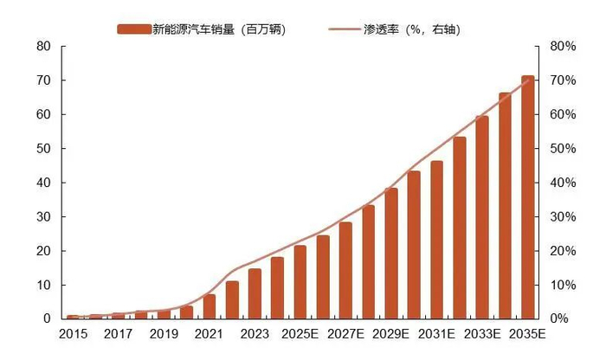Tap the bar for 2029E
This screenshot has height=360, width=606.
(391, 254)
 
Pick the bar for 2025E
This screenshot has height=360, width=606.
(300, 282)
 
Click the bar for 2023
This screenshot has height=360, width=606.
(255, 293)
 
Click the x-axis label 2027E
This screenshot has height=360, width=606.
(345, 333)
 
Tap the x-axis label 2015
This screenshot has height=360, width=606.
(74, 333)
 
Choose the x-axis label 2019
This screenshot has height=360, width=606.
(164, 333)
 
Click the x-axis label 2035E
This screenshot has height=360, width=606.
(526, 333)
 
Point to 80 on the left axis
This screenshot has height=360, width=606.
(43, 47)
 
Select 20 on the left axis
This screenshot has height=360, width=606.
(43, 251)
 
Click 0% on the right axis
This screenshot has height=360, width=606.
(560, 319)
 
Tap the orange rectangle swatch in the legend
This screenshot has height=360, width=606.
(133, 29)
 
